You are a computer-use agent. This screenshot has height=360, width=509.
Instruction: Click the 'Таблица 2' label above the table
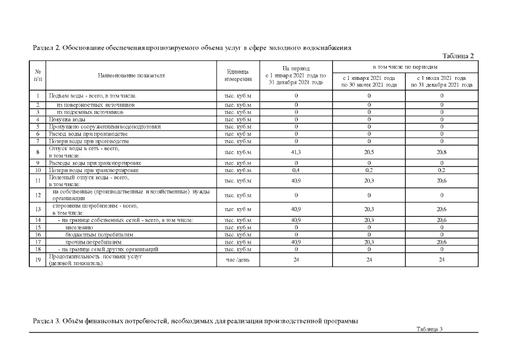pos(458,55)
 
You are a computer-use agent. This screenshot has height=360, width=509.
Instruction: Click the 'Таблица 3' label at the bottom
pos(430,328)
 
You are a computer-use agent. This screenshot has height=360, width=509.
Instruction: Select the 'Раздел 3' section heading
pos(195,321)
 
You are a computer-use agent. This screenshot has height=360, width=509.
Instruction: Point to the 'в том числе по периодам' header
pos(405,66)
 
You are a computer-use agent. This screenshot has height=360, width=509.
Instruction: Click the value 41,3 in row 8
pos(296,152)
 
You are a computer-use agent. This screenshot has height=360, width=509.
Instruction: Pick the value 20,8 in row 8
pos(442,152)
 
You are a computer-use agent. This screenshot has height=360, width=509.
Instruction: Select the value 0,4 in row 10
pos(296,170)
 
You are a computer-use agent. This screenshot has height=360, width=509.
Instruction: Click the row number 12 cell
pos(38,195)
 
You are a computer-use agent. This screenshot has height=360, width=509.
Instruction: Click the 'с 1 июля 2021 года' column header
pos(442,81)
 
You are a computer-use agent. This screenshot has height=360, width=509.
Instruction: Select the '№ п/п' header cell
pos(38,75)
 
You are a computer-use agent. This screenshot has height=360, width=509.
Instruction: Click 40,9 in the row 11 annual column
pos(296,181)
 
